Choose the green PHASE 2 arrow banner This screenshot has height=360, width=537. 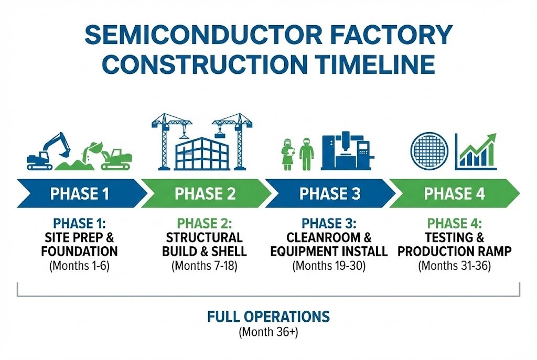point(205,193)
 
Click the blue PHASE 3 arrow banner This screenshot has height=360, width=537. point(329,193)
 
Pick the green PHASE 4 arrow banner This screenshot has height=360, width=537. point(454,193)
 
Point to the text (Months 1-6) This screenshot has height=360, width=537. point(80,266)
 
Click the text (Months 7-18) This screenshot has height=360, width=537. point(205,266)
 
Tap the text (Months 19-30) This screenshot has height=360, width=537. point(329,266)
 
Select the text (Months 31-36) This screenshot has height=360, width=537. point(454,266)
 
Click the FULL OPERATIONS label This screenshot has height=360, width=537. point(268,317)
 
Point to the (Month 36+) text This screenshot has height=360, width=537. point(268,332)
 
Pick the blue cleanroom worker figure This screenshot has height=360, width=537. point(306,152)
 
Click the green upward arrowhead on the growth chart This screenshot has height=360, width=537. point(491,138)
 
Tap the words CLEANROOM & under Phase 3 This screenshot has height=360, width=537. point(329,237)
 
